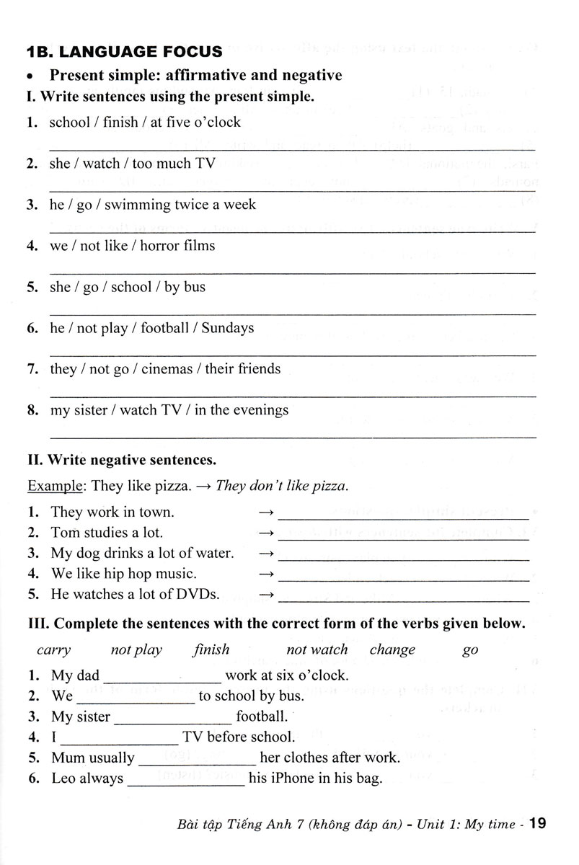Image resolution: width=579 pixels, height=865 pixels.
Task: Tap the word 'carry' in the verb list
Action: (x=53, y=649)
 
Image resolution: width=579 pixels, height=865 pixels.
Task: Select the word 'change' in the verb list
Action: (x=392, y=649)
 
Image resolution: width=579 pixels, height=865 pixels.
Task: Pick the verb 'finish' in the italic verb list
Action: (x=211, y=649)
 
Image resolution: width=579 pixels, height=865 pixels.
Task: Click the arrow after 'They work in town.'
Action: (x=266, y=513)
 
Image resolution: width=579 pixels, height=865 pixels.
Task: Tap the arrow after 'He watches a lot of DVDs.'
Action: (x=266, y=595)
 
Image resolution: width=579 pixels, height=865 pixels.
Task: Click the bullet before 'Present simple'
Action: (x=30, y=76)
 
